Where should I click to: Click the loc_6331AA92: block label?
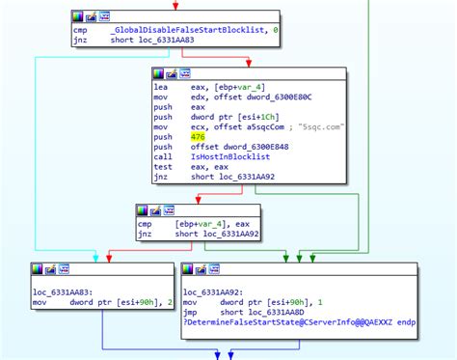[x=213, y=291]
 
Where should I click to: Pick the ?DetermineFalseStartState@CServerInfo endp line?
[x=299, y=319]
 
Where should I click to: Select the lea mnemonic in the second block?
[x=161, y=86]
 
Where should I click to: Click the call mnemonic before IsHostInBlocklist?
[x=163, y=155]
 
